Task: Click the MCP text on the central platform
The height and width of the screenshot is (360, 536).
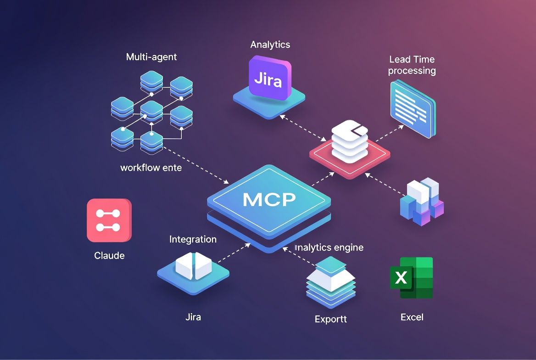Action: coord(269,199)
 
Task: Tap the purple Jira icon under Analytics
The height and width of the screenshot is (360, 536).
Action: coord(268,79)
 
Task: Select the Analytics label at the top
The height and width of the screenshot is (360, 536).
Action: coord(270,45)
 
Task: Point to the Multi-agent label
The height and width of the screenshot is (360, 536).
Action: coord(151,57)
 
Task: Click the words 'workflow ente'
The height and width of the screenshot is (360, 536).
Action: coord(151,168)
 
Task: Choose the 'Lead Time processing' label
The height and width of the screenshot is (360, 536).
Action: coord(412,65)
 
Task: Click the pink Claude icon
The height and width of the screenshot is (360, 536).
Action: coord(109,220)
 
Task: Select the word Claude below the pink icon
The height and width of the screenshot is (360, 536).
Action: coord(109,255)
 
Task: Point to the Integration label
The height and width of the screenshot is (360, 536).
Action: coord(193,239)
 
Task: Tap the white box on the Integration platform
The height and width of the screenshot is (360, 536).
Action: coord(193,265)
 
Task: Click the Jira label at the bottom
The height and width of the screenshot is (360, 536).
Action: coord(193,317)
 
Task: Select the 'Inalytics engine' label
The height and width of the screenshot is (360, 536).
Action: coord(329,247)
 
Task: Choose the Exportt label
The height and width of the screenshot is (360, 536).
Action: coord(330,319)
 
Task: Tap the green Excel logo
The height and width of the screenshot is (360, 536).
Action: coord(411,278)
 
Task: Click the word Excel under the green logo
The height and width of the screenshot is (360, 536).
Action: coord(412,317)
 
